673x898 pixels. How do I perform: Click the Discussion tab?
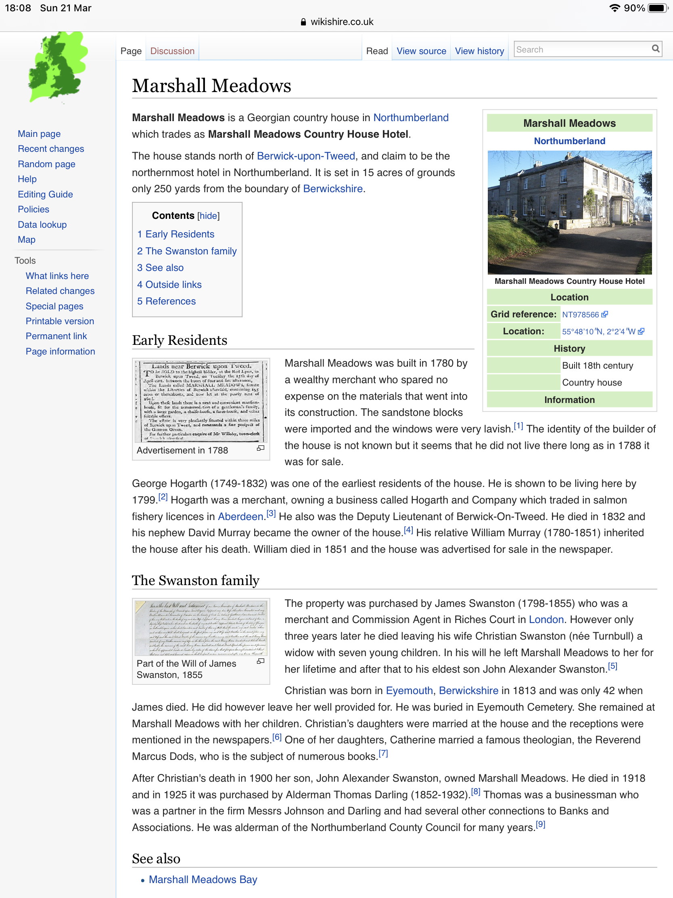[x=172, y=51]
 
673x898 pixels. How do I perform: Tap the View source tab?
[x=421, y=51]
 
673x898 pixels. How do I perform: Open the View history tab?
[x=479, y=51]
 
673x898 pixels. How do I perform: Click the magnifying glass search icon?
[x=655, y=49]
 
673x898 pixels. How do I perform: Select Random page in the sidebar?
[x=46, y=164]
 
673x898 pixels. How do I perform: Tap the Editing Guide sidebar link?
[x=45, y=194]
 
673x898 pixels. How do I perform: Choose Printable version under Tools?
[x=60, y=321]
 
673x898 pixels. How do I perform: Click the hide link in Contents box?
[x=208, y=216]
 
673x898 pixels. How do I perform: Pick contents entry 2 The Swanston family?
[x=186, y=251]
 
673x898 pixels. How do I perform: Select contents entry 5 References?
[x=166, y=301]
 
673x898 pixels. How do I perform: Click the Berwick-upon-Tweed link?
[x=306, y=156]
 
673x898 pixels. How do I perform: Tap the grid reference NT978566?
[x=580, y=315]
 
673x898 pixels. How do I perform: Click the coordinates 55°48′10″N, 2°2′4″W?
[x=598, y=332]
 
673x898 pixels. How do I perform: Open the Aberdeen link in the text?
[x=240, y=516]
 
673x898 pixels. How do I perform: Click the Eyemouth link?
[x=409, y=690]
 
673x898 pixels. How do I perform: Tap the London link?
[x=546, y=619]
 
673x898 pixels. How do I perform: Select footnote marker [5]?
[x=612, y=666]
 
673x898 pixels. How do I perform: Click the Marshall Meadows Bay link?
[x=203, y=879]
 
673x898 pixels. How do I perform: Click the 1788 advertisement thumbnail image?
[x=201, y=401]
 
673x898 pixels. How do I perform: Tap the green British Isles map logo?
[x=58, y=67]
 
